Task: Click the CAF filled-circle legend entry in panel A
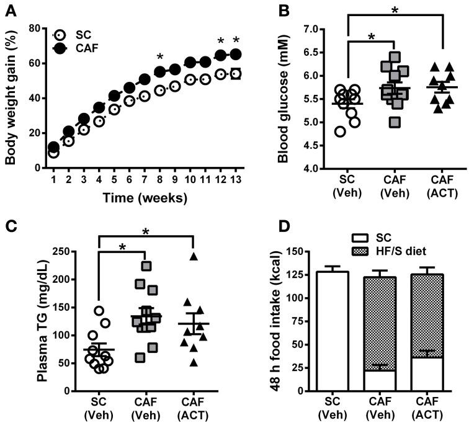(60, 48)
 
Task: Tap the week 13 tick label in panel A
(235, 179)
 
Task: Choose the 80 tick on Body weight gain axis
(37, 29)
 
